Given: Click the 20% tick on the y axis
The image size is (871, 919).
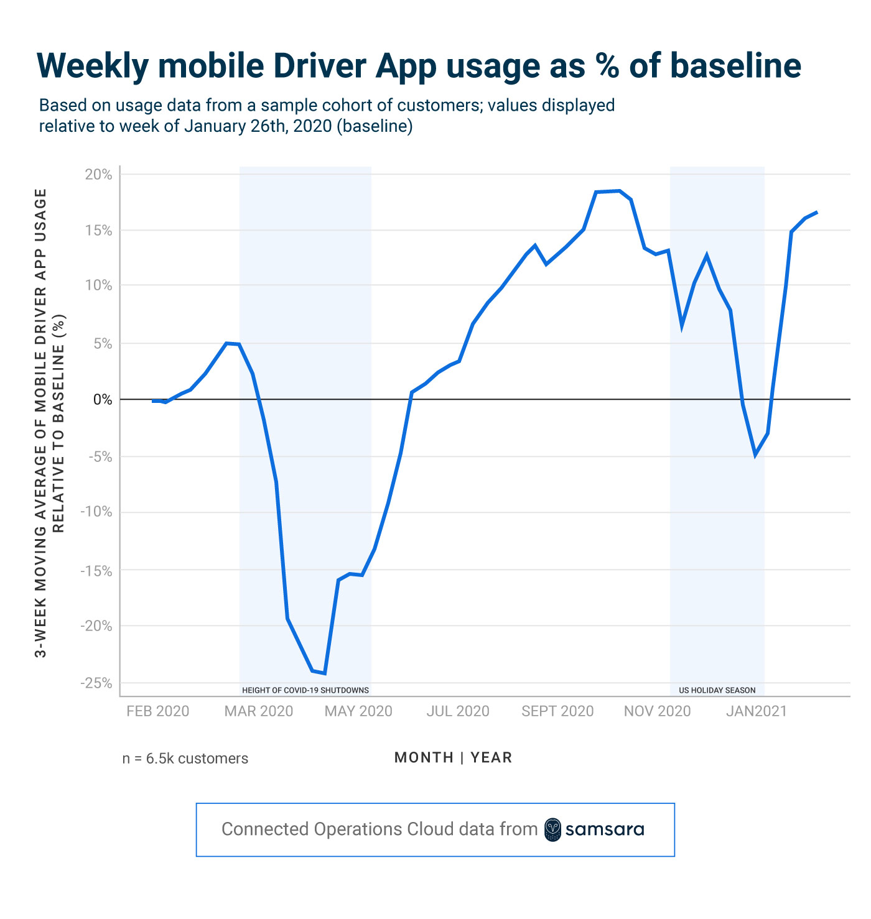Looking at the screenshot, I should pos(98,175).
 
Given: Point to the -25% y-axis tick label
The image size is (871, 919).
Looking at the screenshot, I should pos(96,683).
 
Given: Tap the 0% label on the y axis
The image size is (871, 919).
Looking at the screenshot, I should pos(103,400).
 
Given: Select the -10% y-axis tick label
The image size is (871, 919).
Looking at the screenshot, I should pos(96,512).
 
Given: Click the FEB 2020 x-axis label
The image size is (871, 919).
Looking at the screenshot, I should pos(157,711).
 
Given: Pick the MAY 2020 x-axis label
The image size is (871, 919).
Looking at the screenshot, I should pos(358,711).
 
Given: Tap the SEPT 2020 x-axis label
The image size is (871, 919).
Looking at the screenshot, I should pos(557,711).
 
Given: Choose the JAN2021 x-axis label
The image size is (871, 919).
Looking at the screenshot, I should pos(756,711).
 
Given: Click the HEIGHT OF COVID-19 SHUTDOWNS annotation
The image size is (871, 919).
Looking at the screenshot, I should pos(305,690).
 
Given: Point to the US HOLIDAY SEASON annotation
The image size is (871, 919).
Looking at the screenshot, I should pos(717,690).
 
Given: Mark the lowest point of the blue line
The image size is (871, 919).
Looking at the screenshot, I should pos(325,673).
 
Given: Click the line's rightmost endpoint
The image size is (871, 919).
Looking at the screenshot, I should pos(817,212).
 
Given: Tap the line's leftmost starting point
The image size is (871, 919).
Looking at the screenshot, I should pos(153,401).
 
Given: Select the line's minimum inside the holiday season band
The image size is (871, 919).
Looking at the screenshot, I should pos(755,455).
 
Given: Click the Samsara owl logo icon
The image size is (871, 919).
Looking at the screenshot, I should pos(552,829).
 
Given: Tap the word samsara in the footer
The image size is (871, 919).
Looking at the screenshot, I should pos(605,829).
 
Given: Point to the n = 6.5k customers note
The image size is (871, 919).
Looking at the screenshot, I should pos(185,759).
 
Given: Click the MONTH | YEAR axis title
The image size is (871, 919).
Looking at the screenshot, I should pos(453,757).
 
